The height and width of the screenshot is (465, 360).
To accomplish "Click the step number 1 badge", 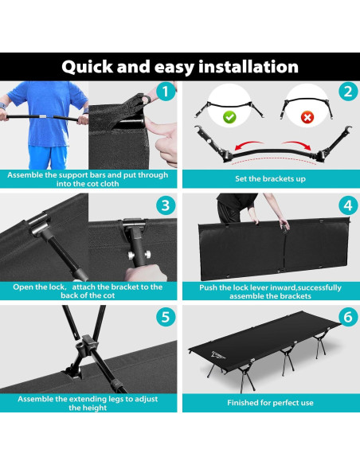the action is click(166, 91).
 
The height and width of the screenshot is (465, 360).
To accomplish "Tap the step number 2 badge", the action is click(348, 91).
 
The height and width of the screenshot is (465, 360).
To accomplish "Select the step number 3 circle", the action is click(166, 205).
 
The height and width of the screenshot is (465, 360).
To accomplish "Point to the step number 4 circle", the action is click(348, 205).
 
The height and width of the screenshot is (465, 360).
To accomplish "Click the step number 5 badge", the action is click(166, 317).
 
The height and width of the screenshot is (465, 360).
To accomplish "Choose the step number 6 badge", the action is click(348, 317).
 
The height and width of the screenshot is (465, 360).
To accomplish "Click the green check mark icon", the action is click(229, 117).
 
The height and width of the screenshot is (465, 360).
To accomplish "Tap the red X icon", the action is click(307, 117).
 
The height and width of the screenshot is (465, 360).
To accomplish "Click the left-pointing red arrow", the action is click(248, 144).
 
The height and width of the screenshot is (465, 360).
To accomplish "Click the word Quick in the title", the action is click(87, 67).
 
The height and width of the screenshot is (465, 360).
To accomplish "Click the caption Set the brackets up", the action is click(270, 179).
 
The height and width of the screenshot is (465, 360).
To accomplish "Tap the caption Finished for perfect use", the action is click(270, 403).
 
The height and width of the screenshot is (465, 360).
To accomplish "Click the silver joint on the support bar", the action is click(43, 116).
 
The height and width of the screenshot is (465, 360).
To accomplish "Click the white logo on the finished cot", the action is click(218, 355).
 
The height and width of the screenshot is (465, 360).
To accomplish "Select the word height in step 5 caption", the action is click(88, 408).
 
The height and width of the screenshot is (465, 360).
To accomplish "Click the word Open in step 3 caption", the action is click(22, 287).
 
